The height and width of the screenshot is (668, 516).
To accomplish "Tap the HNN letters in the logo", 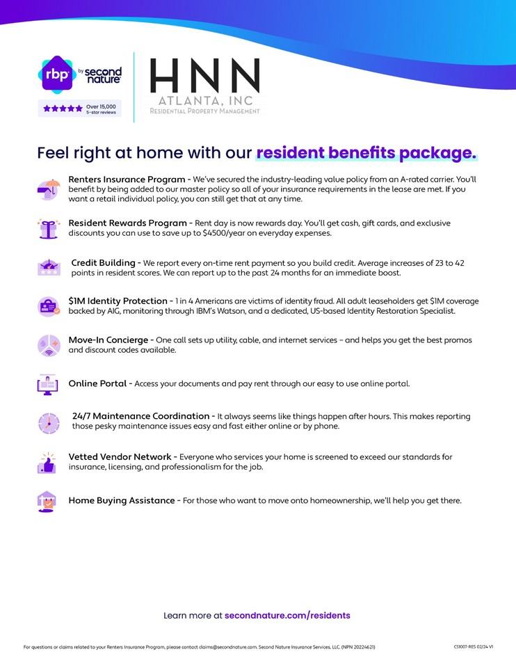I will (x=205, y=76).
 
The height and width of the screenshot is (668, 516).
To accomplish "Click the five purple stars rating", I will (x=63, y=109).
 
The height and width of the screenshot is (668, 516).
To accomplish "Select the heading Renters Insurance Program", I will (x=129, y=180).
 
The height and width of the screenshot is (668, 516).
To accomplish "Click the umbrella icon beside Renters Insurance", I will (x=48, y=189).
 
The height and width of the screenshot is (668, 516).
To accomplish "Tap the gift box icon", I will (x=48, y=228).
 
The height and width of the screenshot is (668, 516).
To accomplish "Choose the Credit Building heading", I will (x=103, y=263).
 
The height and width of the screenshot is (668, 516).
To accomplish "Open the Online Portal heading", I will (x=97, y=383).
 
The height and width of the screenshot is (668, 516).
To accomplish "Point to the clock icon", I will (x=48, y=422).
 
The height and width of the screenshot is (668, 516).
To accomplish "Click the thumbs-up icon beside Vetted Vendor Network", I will (x=47, y=463).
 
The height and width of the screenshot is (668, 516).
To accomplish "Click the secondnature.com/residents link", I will (x=287, y=615).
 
